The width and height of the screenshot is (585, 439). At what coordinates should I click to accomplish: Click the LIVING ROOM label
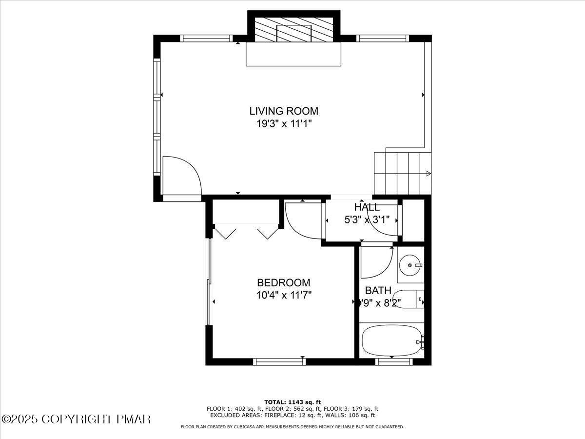(284, 111)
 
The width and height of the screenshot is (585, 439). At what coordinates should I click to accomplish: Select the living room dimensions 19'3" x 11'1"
(284, 123)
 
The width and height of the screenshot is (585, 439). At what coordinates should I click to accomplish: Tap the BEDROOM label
(283, 282)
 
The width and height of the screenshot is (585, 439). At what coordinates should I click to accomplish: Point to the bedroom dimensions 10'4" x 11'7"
(283, 295)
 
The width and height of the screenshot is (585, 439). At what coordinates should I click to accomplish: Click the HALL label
(367, 207)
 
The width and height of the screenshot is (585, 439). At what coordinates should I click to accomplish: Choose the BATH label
(378, 291)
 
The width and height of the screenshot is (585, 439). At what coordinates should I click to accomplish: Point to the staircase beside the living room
(402, 173)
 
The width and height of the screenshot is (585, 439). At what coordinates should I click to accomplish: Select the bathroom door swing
(376, 262)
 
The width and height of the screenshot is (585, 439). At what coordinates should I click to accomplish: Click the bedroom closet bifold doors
(246, 231)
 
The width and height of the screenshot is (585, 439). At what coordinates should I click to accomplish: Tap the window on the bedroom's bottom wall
(279, 361)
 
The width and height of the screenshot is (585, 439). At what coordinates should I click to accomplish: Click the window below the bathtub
(394, 361)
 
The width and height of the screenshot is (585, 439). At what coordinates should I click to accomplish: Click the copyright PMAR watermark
(77, 419)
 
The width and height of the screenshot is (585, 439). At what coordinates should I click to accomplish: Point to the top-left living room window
(206, 38)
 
